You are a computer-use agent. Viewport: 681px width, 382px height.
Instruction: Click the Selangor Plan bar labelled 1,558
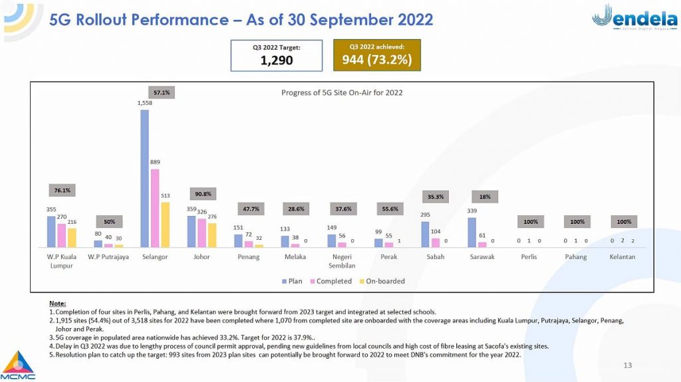(x=144, y=178)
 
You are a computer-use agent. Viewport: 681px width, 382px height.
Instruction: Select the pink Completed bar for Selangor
(x=154, y=208)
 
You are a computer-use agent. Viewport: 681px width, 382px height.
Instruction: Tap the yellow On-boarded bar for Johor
(x=212, y=235)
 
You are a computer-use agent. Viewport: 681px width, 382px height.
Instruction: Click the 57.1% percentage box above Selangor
(x=161, y=92)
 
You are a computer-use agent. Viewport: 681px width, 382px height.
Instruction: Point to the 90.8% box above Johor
(x=202, y=194)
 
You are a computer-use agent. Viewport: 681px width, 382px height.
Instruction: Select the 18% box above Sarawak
(x=485, y=197)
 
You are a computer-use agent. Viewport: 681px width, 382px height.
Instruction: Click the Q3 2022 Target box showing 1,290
(x=276, y=55)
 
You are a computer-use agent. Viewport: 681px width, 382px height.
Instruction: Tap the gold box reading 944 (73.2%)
(x=376, y=55)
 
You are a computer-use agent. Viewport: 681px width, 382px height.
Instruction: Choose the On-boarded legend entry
(x=382, y=281)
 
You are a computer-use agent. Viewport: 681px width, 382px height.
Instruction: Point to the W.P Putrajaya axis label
(x=108, y=256)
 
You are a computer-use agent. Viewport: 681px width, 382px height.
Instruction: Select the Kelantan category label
(x=622, y=256)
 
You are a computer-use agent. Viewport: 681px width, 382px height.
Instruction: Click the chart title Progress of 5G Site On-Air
(x=342, y=92)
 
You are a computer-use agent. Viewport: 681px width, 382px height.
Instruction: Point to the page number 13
(x=627, y=365)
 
